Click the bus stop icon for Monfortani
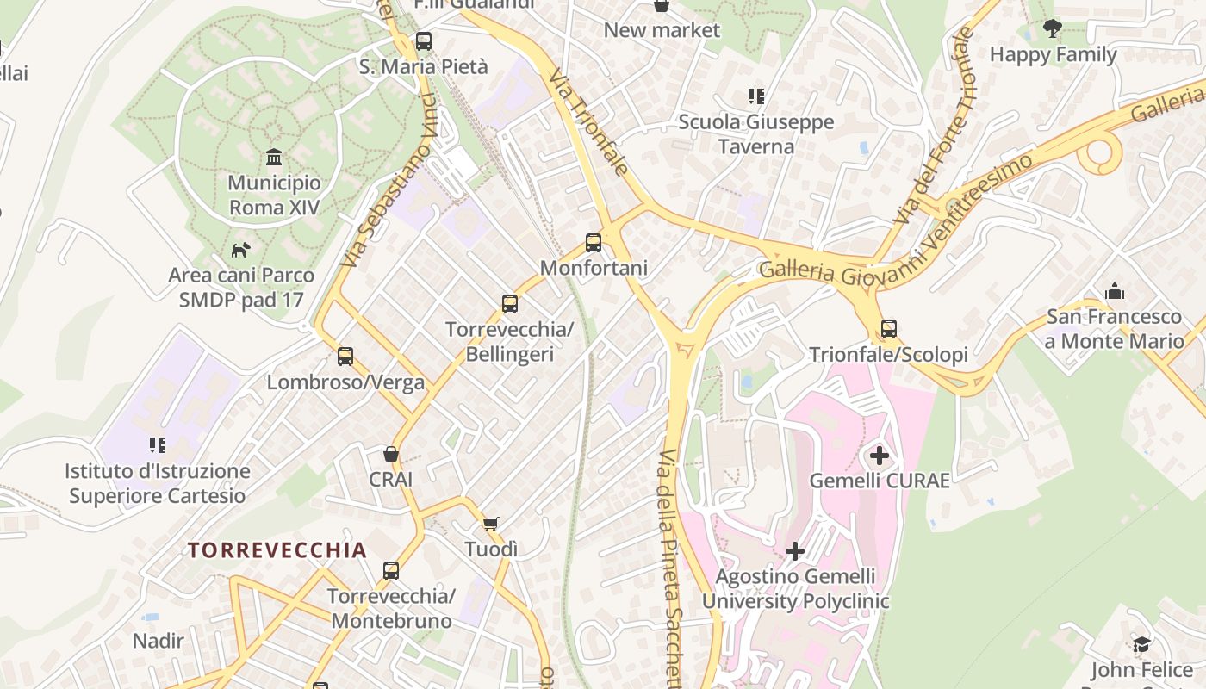coord(593,243)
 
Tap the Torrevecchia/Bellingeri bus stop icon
coord(510,304)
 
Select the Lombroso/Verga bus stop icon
coord(345,357)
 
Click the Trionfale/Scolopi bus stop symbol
coord(888,329)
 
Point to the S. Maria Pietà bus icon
coord(423,41)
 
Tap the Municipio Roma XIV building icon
coord(274,158)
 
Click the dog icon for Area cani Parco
coord(241,251)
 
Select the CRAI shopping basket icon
coord(391,454)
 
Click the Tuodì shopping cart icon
coord(491,524)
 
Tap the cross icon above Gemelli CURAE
coord(880,455)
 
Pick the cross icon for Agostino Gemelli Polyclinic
coord(795,550)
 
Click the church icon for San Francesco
coord(1115,291)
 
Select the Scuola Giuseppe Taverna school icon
coord(756,96)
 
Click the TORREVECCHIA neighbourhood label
coord(277,550)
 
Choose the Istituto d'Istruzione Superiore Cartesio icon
coord(158,445)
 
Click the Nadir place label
coord(159,641)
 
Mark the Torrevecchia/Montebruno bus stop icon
coord(391,571)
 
